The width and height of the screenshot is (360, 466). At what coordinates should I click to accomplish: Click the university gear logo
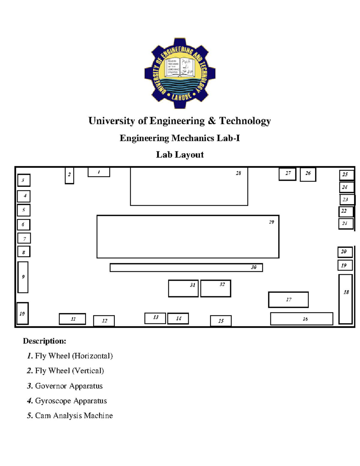[x=180, y=73]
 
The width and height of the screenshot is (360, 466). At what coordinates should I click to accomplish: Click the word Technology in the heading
[x=245, y=121]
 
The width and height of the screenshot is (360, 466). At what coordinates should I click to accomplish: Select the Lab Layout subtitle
[x=180, y=155]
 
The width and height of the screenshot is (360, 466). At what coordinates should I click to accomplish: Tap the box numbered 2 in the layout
[x=69, y=175]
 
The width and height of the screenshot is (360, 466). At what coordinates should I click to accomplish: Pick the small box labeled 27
[x=287, y=174]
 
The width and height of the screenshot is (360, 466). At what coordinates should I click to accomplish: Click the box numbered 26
[x=308, y=174]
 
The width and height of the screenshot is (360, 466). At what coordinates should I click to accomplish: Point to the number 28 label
[x=238, y=173]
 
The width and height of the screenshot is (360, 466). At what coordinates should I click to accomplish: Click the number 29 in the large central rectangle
[x=271, y=222]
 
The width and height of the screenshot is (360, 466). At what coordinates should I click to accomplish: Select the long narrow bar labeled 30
[x=186, y=267]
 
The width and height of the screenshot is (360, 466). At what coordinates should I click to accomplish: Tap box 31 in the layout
[x=183, y=288]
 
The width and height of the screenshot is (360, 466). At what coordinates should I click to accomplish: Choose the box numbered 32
[x=215, y=288]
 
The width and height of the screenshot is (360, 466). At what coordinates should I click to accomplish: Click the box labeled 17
[x=288, y=299]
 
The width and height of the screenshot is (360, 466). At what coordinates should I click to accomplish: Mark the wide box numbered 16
[x=301, y=319]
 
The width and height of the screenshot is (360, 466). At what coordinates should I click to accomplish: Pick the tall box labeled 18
[x=345, y=299]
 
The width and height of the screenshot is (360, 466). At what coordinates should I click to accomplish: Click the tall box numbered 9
[x=23, y=277]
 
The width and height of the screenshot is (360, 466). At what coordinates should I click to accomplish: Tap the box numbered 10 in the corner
[x=22, y=314]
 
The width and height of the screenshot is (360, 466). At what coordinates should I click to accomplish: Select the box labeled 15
[x=221, y=321]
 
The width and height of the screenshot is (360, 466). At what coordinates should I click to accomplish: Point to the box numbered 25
[x=346, y=175]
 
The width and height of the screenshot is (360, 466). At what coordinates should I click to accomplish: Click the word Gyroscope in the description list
[x=53, y=401]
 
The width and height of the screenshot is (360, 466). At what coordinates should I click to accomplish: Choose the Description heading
[x=44, y=341]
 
